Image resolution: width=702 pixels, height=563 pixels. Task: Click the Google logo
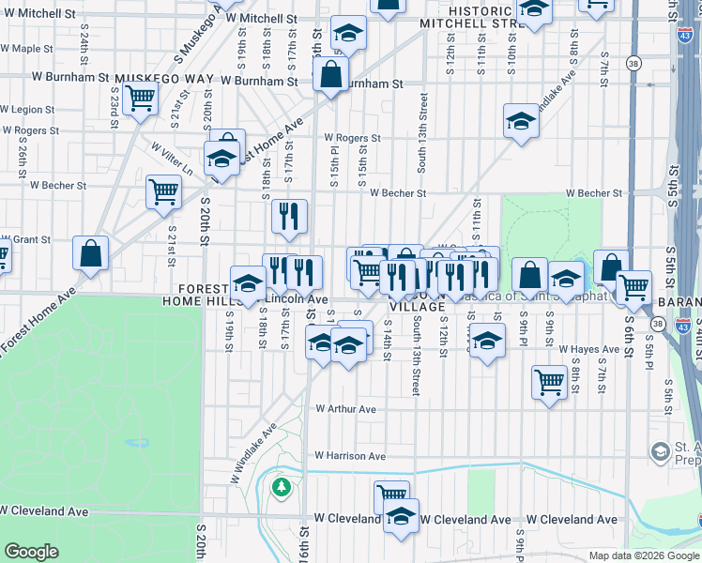(x=31, y=552)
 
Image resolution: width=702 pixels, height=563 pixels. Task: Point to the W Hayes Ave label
(x=589, y=349)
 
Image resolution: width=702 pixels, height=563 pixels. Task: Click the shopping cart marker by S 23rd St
(x=141, y=96)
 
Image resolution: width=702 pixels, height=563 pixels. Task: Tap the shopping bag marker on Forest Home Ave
(x=91, y=253)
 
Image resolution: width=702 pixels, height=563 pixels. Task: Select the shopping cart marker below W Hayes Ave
(x=549, y=381)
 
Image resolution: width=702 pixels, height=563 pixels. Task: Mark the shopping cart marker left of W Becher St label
(x=163, y=191)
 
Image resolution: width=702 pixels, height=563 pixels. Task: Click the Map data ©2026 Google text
(x=644, y=555)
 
